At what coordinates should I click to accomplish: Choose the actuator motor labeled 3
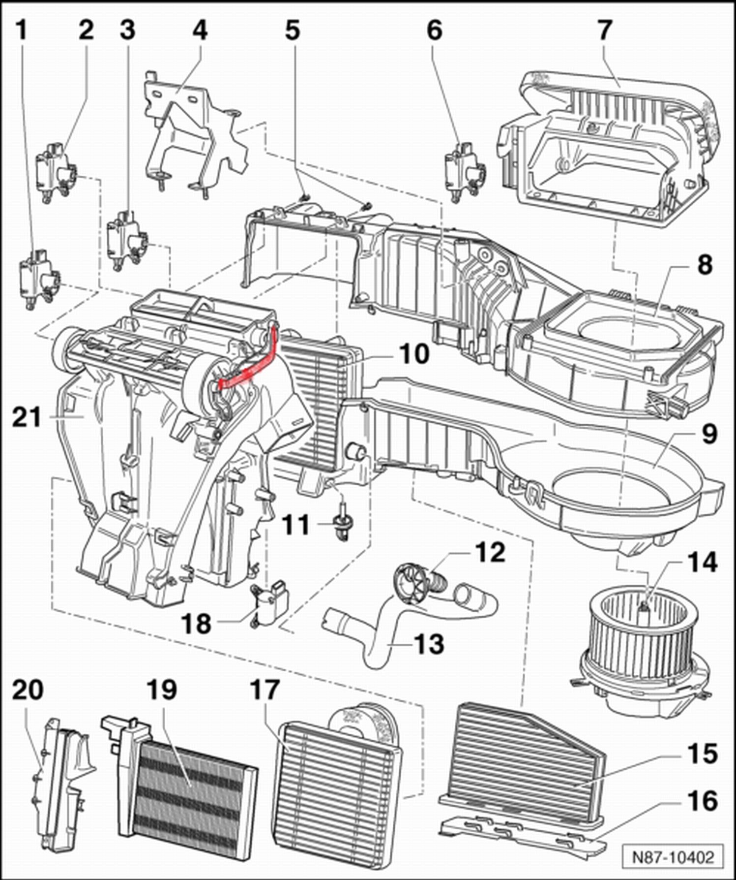[127, 240]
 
